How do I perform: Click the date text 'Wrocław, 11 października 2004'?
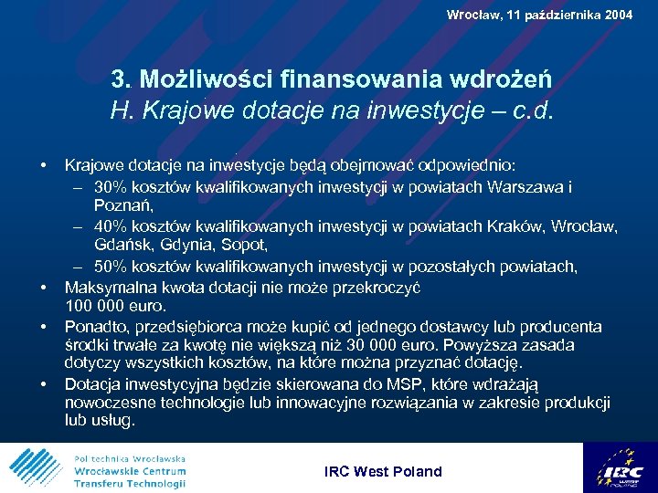(539, 15)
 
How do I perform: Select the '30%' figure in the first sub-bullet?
(108, 187)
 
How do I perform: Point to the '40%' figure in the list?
(108, 226)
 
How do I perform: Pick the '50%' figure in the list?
(108, 267)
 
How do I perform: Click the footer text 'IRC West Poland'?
(383, 472)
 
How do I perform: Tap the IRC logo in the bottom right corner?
(621, 467)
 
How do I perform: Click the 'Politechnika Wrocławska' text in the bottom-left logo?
(129, 458)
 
